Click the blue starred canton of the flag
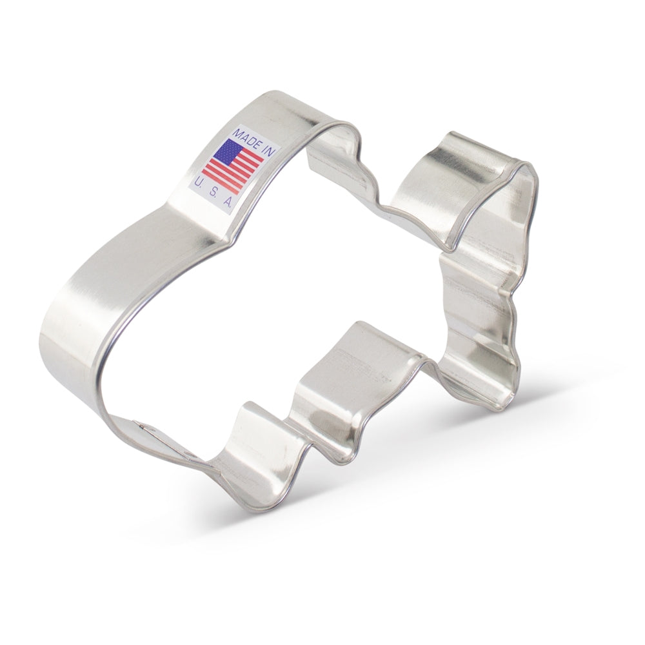point(228,150)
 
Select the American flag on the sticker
point(232,166)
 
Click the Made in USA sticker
point(233,168)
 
